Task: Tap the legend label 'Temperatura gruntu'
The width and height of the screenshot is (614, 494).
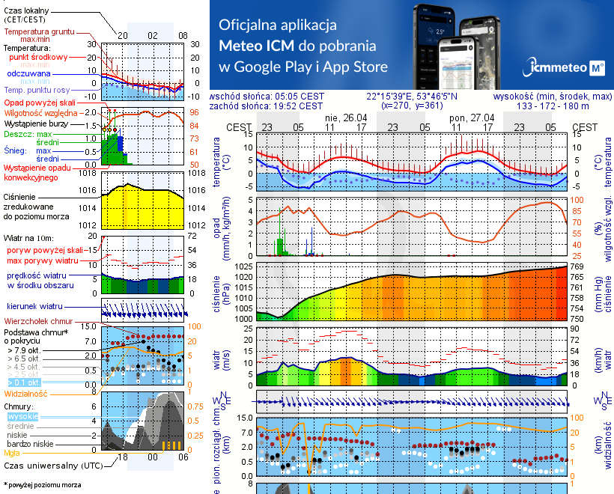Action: (42, 32)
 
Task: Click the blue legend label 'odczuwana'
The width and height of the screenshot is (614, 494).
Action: (28, 74)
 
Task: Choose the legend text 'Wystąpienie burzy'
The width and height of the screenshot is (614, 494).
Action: (36, 122)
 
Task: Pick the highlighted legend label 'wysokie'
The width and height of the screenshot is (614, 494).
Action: (22, 416)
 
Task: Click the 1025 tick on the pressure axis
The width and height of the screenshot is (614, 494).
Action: (245, 266)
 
